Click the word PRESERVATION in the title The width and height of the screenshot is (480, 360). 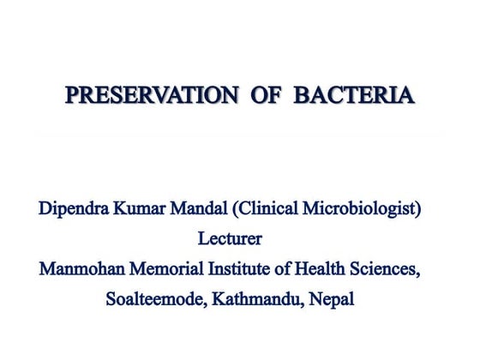[x=151, y=93]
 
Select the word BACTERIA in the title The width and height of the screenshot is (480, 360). [x=354, y=93]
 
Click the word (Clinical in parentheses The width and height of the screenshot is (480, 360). [x=269, y=208]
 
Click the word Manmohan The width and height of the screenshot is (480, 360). [x=84, y=269]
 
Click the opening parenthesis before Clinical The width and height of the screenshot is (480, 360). [x=238, y=209]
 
